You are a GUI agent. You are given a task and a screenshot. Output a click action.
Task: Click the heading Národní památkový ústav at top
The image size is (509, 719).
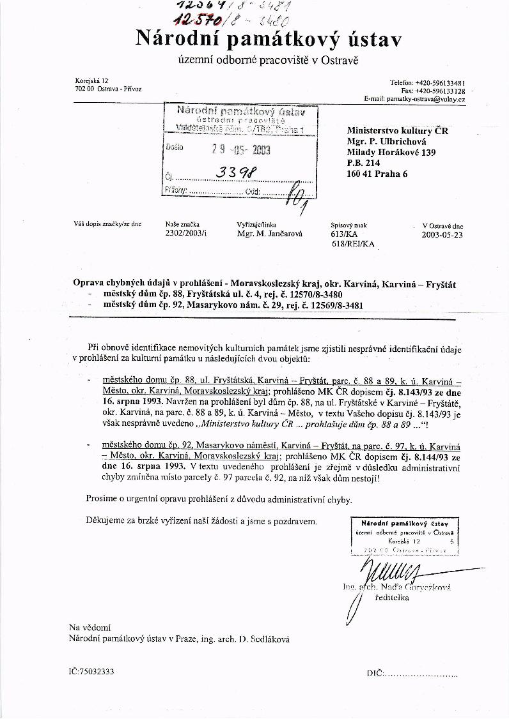click(x=268, y=40)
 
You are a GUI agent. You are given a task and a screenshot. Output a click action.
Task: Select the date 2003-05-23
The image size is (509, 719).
click(x=442, y=234)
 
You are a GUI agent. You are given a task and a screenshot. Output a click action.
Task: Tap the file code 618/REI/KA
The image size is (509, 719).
click(x=353, y=243)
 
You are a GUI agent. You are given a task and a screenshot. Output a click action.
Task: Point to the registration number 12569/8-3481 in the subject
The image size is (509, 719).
click(x=334, y=305)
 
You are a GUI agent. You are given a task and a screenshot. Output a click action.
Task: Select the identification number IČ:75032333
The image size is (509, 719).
click(x=92, y=672)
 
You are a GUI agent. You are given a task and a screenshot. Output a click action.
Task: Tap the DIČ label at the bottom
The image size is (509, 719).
click(x=375, y=674)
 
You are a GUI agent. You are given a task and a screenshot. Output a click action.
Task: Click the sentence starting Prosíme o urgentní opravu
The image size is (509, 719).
click(x=228, y=499)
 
